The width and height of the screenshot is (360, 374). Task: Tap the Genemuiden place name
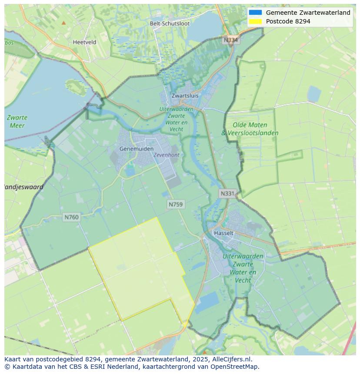tap(137, 149)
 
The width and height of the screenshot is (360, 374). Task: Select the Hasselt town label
tap(223, 233)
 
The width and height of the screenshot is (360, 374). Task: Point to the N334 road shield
tap(231, 40)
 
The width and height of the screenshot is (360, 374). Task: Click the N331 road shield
tap(227, 194)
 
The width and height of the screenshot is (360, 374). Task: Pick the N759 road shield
tap(176, 204)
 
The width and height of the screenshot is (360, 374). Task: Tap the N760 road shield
tap(71, 217)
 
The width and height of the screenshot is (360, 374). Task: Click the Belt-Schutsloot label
tap(170, 23)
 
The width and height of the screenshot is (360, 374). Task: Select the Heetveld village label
tap(84, 42)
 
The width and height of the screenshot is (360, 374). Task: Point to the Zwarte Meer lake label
tap(17, 122)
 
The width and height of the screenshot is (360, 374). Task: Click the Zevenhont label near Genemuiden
tap(166, 155)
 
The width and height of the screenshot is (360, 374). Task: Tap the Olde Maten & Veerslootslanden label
tap(250, 129)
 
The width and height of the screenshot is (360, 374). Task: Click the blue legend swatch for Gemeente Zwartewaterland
tap(255, 13)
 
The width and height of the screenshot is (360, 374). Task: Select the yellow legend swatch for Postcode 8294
tap(255, 21)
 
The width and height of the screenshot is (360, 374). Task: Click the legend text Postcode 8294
tap(288, 21)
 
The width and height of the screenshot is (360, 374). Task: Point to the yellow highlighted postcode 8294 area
tap(139, 269)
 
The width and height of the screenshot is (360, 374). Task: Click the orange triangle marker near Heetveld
tap(64, 23)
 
